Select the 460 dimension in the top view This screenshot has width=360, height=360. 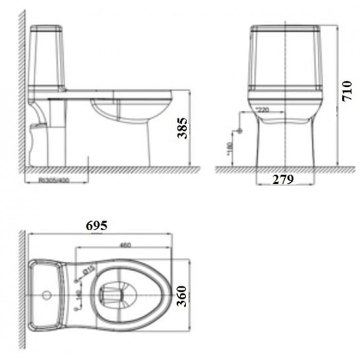pyautogui.click(x=124, y=244)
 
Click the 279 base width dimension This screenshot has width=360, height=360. pyautogui.click(x=282, y=180)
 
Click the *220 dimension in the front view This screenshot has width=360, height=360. pyautogui.click(x=262, y=110)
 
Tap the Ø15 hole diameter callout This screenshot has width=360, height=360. pyautogui.click(x=86, y=269)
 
